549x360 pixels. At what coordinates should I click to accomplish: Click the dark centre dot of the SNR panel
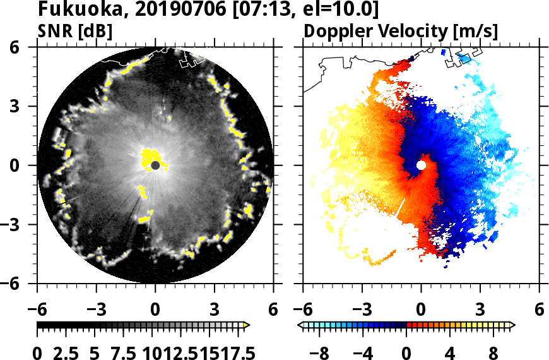[155, 165]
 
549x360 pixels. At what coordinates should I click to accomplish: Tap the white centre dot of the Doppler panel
[421, 165]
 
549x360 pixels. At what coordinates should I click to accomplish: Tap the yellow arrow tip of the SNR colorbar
[247, 325]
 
